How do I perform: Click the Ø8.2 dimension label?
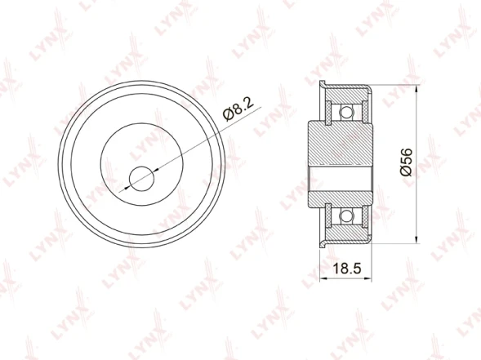pyautogui.click(x=239, y=109)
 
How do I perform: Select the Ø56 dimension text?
pyautogui.click(x=406, y=162)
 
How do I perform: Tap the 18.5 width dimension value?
pyautogui.click(x=347, y=269)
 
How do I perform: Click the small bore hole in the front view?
pyautogui.click(x=141, y=179)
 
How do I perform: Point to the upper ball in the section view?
pyautogui.click(x=346, y=112)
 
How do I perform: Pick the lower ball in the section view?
pyautogui.click(x=346, y=216)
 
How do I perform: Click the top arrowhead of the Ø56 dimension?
pyautogui.click(x=416, y=89)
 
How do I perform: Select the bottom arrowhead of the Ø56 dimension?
pyautogui.click(x=416, y=239)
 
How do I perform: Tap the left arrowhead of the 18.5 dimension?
pyautogui.click(x=323, y=278)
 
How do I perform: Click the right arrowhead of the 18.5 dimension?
pyautogui.click(x=368, y=278)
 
